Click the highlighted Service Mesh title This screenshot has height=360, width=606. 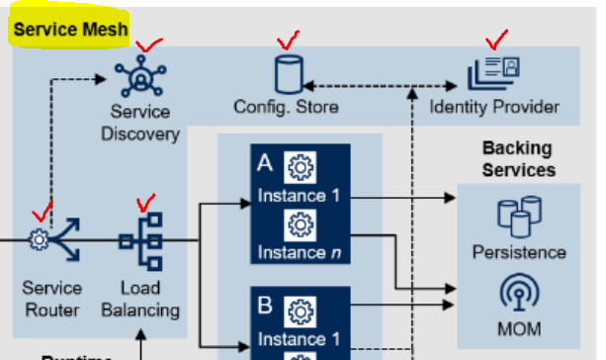[x=70, y=30]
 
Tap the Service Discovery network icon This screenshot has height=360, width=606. [x=140, y=76]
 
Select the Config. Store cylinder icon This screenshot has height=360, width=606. [x=289, y=74]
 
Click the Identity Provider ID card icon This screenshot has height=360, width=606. [x=493, y=73]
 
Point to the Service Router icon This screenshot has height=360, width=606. [x=54, y=239]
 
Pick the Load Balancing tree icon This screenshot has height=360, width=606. [x=140, y=241]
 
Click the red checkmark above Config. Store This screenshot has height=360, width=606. [x=289, y=41]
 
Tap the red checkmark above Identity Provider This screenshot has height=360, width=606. [x=497, y=40]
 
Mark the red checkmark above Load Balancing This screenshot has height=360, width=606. [x=145, y=203]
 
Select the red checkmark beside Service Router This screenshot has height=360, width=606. [x=43, y=211]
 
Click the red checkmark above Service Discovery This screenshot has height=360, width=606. [x=149, y=45]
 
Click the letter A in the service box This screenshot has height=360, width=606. [x=265, y=163]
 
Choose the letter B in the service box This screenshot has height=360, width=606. [x=265, y=305]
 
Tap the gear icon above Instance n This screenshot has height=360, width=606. [x=301, y=225]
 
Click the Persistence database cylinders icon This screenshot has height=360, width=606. [x=519, y=217]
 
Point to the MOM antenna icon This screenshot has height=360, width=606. [x=519, y=293]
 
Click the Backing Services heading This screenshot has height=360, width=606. [x=519, y=159]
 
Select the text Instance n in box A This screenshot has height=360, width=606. [x=300, y=253]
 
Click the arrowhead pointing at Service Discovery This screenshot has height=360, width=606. [x=101, y=79]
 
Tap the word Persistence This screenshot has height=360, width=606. [x=519, y=252]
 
